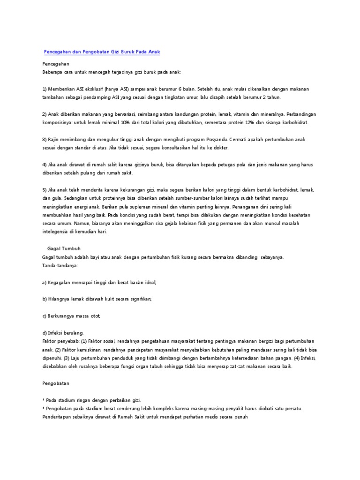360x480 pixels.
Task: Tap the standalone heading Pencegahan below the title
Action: click(x=56, y=63)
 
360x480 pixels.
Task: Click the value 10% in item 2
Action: click(x=126, y=122)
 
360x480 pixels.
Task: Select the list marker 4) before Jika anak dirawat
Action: click(x=45, y=165)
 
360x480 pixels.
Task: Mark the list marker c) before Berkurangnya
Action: click(x=45, y=316)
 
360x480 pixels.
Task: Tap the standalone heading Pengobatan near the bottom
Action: click(x=55, y=383)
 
